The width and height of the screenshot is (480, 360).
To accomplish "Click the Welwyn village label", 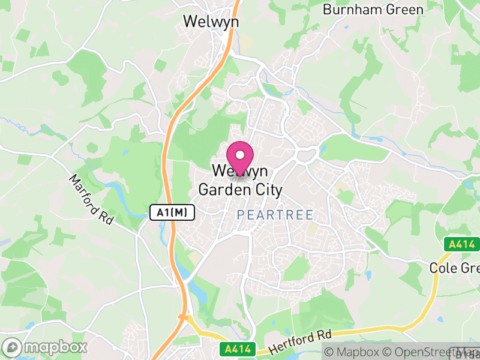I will tap(211, 21).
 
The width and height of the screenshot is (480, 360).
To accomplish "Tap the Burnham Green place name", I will tap(373, 10).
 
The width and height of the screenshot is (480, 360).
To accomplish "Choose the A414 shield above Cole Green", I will tap(461, 244).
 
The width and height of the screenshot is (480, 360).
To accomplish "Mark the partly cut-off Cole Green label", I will tap(455, 268).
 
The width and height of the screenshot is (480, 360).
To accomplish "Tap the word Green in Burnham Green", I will tap(407, 10).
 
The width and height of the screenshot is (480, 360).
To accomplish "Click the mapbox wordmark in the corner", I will tap(56, 347).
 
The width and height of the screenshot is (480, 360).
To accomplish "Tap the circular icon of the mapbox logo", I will tap(13, 347).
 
